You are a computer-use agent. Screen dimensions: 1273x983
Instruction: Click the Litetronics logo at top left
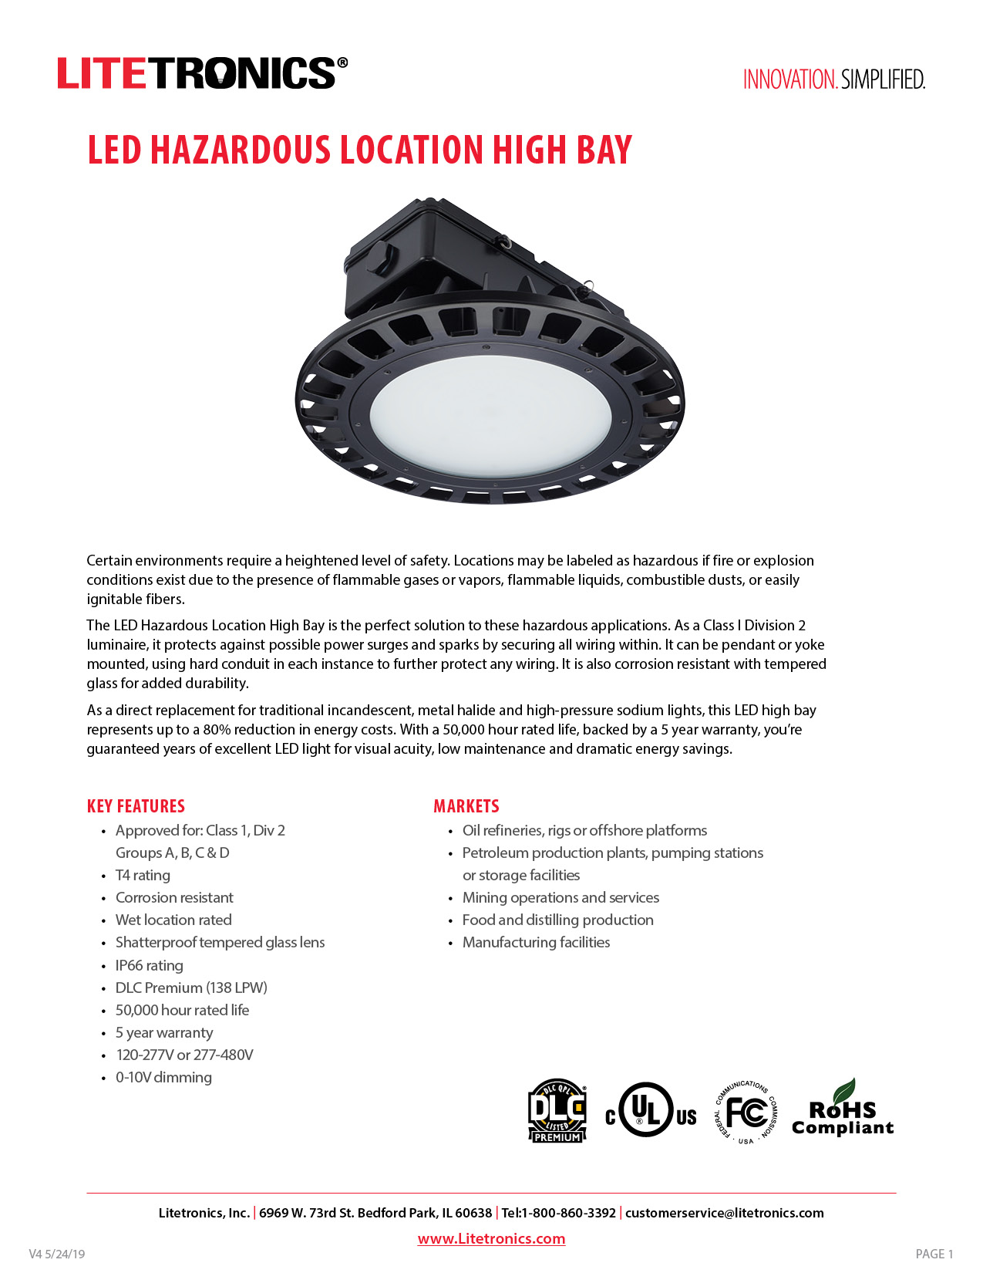pyautogui.click(x=202, y=73)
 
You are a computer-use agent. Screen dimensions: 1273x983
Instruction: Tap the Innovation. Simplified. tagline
pyautogui.click(x=833, y=79)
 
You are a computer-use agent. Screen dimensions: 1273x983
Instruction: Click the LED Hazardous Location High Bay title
pyautogui.click(x=359, y=150)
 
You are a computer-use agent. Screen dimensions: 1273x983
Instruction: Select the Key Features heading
pyautogui.click(x=136, y=806)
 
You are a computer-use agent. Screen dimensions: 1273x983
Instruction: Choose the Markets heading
pyautogui.click(x=466, y=806)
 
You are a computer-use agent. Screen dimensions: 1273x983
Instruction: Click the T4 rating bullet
pyautogui.click(x=143, y=875)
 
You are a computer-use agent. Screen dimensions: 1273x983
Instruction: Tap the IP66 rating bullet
pyautogui.click(x=149, y=965)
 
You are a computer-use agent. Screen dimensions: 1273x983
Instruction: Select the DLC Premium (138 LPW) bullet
pyautogui.click(x=191, y=988)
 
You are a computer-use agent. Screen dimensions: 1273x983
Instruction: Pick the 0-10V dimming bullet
pyautogui.click(x=163, y=1077)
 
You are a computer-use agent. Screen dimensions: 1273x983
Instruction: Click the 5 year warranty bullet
pyautogui.click(x=163, y=1032)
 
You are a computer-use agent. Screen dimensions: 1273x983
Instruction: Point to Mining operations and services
pyautogui.click(x=561, y=897)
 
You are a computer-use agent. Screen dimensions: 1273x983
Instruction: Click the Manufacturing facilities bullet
pyautogui.click(x=536, y=942)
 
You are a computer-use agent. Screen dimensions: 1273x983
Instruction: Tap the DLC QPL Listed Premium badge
pyautogui.click(x=557, y=1111)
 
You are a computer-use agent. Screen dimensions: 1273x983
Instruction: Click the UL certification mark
pyautogui.click(x=650, y=1111)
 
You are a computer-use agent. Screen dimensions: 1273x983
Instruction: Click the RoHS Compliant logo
pyautogui.click(x=843, y=1111)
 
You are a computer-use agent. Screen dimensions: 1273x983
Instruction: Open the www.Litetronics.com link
pyautogui.click(x=491, y=1238)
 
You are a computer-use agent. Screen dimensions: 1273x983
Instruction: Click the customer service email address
pyautogui.click(x=724, y=1213)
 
